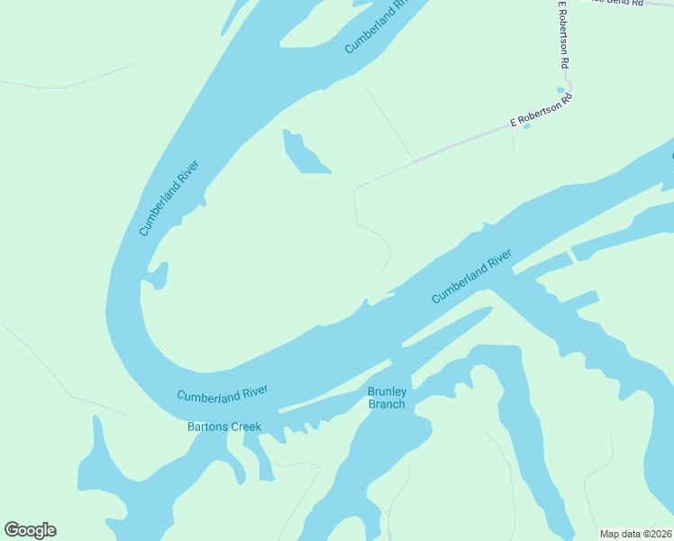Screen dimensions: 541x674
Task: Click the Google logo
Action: pyautogui.click(x=30, y=530)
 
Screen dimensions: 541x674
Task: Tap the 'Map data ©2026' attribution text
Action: pyautogui.click(x=636, y=534)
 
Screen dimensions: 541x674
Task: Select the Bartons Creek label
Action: pyautogui.click(x=223, y=426)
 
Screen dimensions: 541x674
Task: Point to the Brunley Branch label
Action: pyautogui.click(x=387, y=398)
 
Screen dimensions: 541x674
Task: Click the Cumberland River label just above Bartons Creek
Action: pyautogui.click(x=222, y=394)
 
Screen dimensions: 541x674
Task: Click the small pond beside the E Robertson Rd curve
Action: pyautogui.click(x=560, y=90)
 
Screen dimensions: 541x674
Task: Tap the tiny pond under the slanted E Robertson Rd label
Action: pyautogui.click(x=527, y=125)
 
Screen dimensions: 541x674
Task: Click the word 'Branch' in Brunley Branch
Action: pyautogui.click(x=387, y=404)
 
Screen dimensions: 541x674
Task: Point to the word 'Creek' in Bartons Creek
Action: pyautogui.click(x=244, y=426)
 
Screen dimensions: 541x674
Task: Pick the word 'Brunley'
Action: pyautogui.click(x=387, y=391)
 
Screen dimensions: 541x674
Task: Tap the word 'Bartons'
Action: pyautogui.click(x=206, y=426)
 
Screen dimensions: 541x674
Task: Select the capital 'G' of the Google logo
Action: pyautogui.click(x=13, y=530)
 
